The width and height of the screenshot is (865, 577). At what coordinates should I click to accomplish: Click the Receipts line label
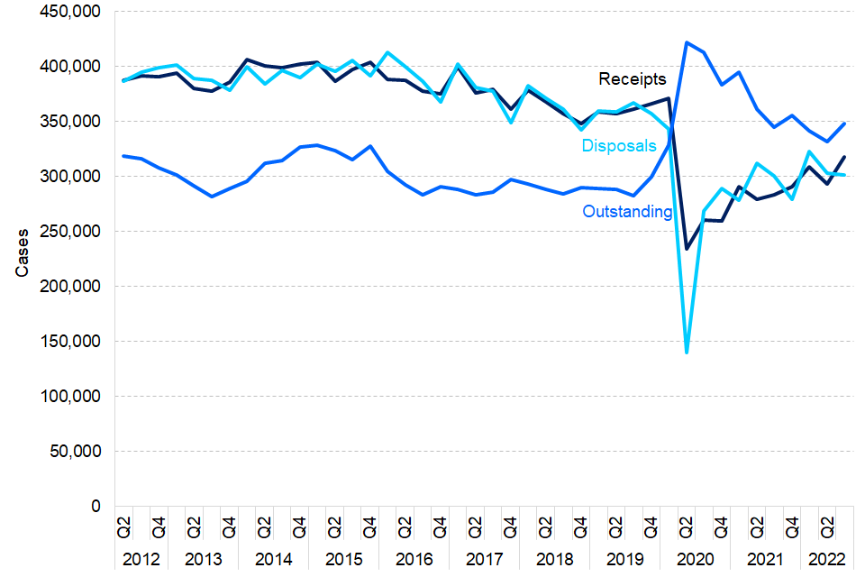point(633,79)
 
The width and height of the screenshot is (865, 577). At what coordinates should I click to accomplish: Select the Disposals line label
point(618,145)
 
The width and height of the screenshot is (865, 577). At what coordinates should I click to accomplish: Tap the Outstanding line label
point(627,212)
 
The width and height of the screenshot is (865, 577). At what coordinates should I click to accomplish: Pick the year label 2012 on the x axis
point(141,559)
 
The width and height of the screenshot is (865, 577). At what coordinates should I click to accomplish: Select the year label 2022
point(826,559)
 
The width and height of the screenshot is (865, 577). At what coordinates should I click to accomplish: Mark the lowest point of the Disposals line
point(687,353)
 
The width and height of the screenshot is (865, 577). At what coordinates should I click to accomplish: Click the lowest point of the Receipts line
point(687,249)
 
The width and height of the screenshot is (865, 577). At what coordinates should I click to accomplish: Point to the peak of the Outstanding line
point(687,42)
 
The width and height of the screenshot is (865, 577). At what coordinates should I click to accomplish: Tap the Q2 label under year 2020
point(687,526)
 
